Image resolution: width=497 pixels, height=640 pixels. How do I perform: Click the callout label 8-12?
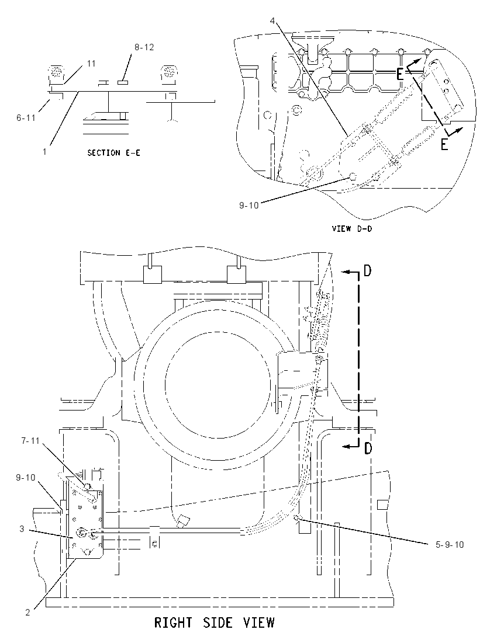(144, 47)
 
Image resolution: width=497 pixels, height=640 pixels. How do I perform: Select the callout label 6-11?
(26, 117)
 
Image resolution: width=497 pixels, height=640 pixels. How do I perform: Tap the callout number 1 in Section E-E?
(44, 151)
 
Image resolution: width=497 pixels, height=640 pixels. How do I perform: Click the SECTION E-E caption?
(113, 152)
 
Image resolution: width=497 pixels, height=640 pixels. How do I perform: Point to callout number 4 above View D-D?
(272, 20)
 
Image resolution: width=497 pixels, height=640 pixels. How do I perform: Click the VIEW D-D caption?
(352, 228)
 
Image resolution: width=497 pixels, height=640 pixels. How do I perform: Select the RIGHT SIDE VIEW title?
(215, 623)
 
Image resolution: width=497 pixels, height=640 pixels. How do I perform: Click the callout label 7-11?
(31, 440)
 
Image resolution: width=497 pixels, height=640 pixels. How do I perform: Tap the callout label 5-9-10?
(449, 544)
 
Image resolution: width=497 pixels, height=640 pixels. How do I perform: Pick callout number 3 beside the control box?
(22, 529)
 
